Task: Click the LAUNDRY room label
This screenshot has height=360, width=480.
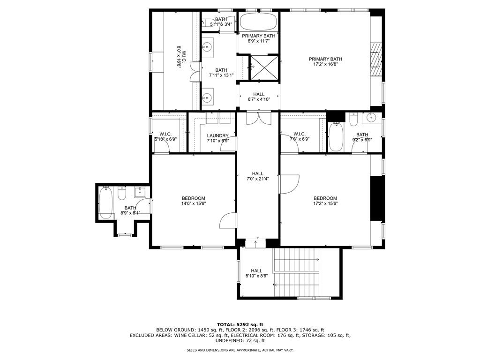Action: (x=217, y=136)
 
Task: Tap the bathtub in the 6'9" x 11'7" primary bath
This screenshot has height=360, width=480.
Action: (x=258, y=22)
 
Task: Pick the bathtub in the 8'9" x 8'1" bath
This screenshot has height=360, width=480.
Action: (x=106, y=202)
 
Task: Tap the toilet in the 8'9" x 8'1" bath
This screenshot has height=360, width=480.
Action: (x=122, y=194)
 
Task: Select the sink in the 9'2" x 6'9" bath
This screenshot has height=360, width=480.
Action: (x=373, y=118)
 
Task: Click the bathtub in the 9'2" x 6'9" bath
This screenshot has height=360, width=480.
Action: (x=336, y=137)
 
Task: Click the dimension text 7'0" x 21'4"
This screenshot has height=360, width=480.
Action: (x=258, y=179)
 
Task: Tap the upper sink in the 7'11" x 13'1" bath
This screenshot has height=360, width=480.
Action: (x=208, y=46)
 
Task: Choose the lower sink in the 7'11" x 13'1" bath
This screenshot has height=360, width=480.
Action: (x=208, y=97)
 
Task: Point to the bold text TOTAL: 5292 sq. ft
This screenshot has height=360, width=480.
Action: (x=240, y=324)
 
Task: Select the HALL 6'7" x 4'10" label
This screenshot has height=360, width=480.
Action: (x=259, y=97)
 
